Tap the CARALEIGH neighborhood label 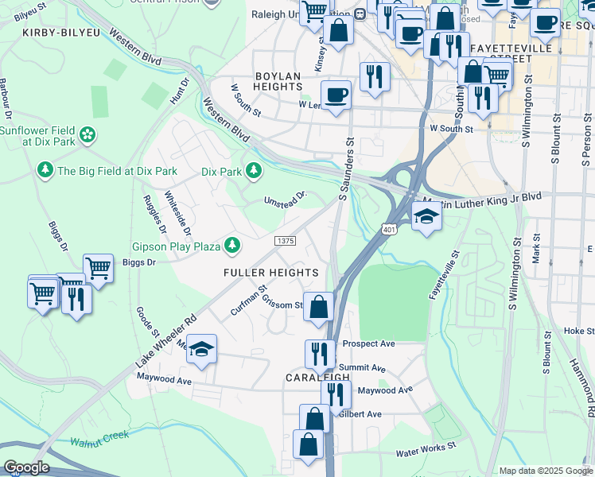click(317, 378)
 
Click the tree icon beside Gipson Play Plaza click(232, 246)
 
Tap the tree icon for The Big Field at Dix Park click(45, 170)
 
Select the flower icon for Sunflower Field click(87, 134)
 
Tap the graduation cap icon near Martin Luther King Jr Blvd click(426, 216)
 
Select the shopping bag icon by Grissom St click(318, 306)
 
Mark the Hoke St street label click(574, 331)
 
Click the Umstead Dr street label click(286, 196)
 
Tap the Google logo click(26, 467)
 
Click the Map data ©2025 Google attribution click(545, 471)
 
